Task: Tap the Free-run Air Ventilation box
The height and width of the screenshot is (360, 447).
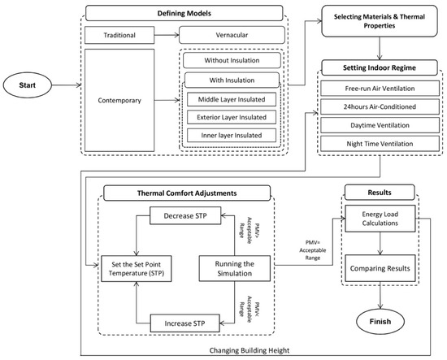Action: coord(380,87)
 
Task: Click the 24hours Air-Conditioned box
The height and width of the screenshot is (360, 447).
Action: coord(380,106)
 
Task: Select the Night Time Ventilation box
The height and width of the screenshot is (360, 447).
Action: coord(380,143)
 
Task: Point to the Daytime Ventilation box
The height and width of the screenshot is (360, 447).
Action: coord(380,124)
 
